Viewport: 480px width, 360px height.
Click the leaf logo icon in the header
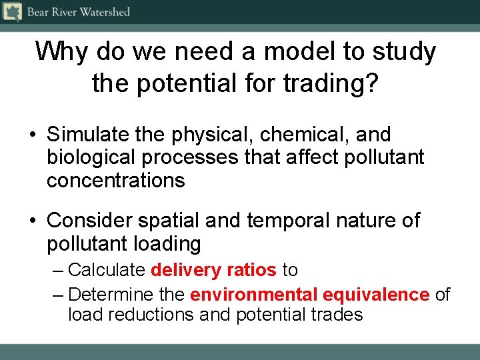(x=12, y=12)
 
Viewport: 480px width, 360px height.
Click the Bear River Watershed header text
(x=78, y=12)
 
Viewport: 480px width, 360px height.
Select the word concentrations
(x=116, y=180)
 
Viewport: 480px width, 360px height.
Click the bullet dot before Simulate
(x=32, y=135)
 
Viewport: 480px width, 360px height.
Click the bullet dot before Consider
(x=32, y=221)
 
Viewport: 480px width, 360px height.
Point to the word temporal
(x=282, y=220)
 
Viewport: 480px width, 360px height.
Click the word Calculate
(x=107, y=270)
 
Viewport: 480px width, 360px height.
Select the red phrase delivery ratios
(x=213, y=270)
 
